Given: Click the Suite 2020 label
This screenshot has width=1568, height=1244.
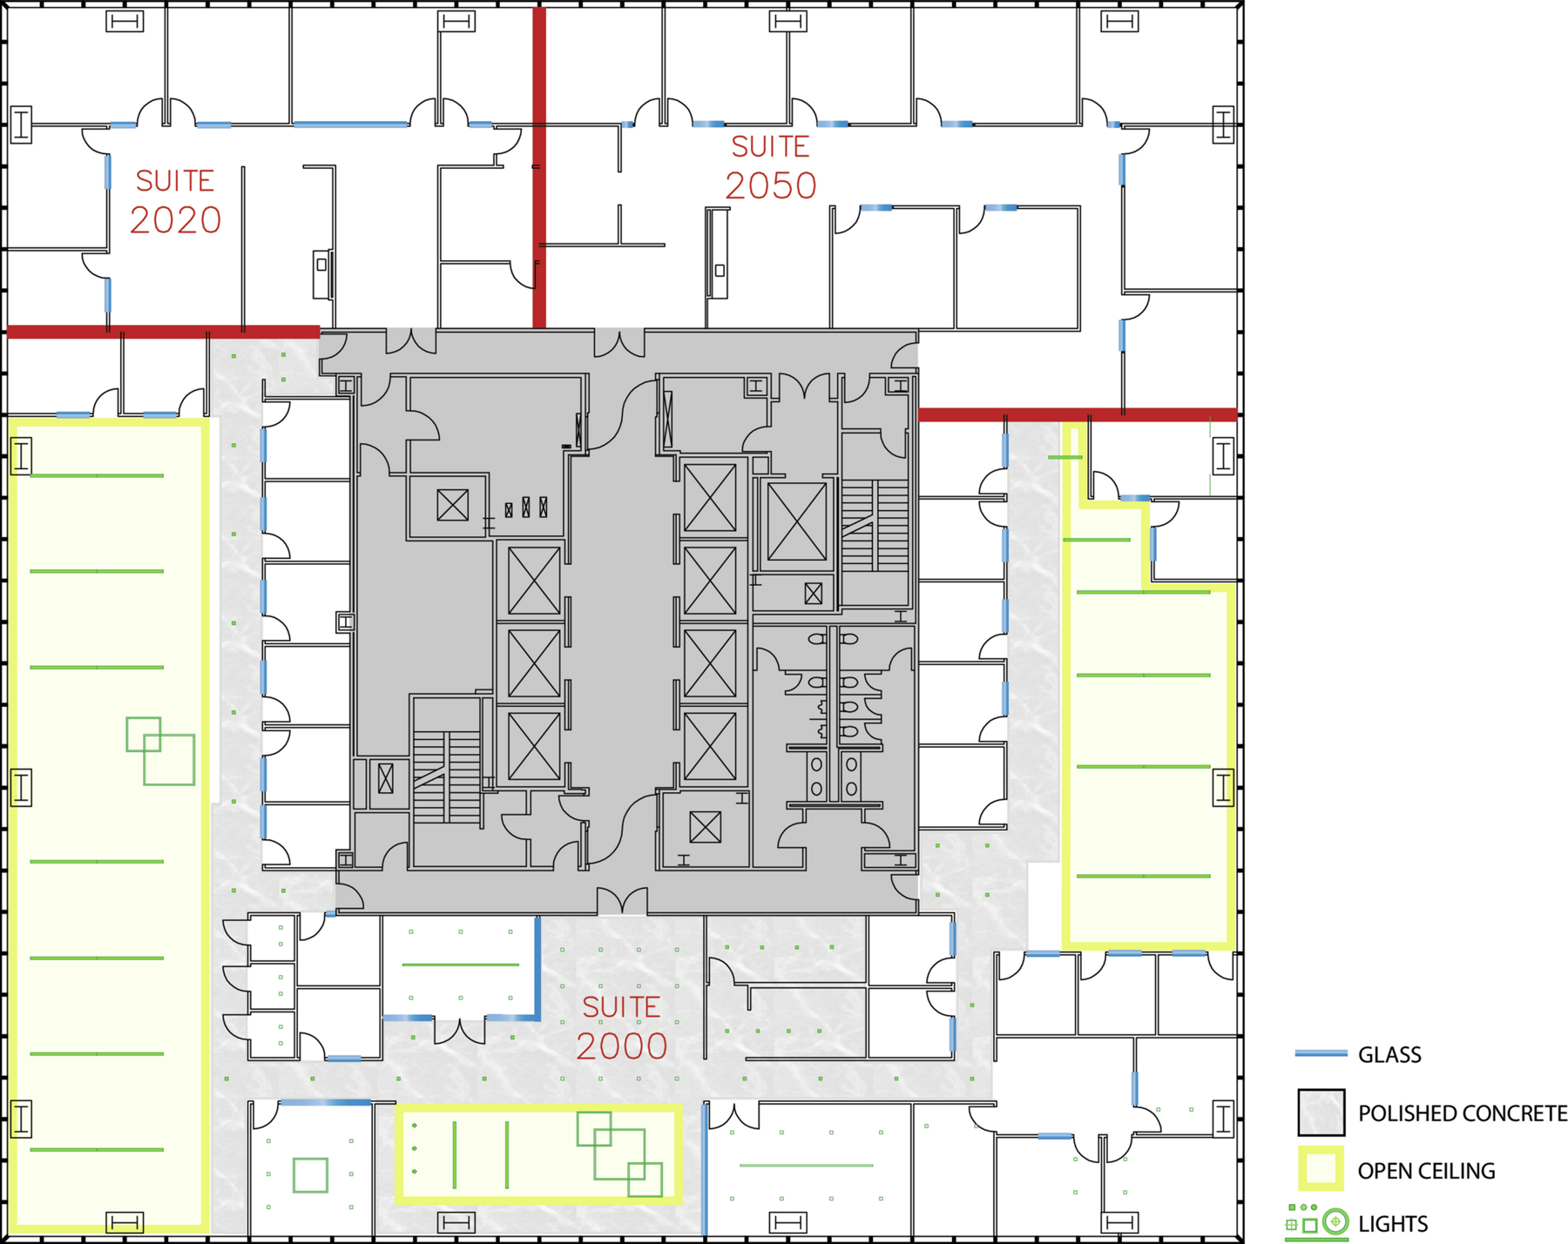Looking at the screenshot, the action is (175, 202).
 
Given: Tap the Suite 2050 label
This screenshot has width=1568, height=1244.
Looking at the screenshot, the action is (771, 167).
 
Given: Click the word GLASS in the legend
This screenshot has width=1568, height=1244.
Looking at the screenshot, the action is (1389, 1055).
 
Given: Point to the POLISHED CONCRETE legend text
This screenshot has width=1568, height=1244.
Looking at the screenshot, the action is (1463, 1113).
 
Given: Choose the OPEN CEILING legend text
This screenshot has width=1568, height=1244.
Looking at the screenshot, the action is (1426, 1171).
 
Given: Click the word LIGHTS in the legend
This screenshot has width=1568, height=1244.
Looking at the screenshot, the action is (1393, 1224).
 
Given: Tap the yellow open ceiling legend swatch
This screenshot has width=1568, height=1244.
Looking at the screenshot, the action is (1321, 1168).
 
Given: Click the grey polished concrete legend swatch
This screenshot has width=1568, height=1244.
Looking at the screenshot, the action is (1321, 1113).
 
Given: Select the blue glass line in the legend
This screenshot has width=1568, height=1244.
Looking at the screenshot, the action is (1321, 1054).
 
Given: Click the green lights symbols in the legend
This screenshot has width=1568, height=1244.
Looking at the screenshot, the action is (1316, 1222).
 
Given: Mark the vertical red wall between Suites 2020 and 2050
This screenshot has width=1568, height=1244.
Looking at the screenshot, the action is (539, 167).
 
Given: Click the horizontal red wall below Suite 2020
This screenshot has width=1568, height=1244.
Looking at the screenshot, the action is (163, 332).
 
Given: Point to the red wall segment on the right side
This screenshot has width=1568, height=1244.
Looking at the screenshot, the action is (1078, 414).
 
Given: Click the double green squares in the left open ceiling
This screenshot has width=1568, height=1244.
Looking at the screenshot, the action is (160, 750).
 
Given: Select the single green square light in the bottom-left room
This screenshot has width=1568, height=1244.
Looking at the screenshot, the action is (310, 1175).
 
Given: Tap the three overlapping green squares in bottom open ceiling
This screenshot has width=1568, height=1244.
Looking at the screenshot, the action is (619, 1154).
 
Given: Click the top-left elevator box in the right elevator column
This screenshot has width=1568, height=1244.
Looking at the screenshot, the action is (710, 498).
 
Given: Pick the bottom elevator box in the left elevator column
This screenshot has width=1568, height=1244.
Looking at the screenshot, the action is (533, 746).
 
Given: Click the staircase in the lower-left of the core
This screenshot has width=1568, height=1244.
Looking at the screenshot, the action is (446, 777).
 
